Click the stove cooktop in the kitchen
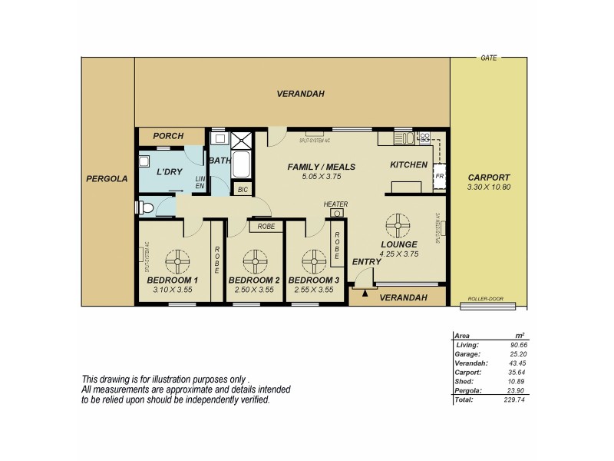tap(423, 138)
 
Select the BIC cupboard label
tap(243, 188)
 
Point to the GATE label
tap(487, 58)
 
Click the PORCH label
tap(168, 136)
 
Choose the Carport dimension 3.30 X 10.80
tap(489, 187)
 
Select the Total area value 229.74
tap(516, 400)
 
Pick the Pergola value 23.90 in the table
tap(518, 391)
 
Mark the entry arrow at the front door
tap(366, 291)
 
